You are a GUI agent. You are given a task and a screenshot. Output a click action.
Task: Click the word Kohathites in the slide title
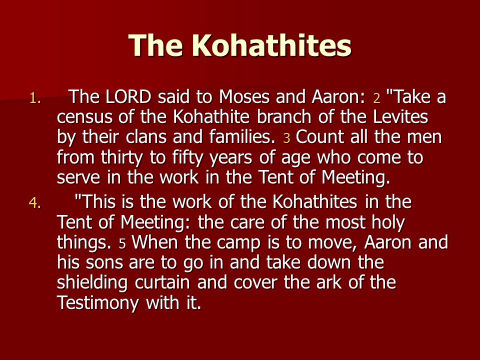click(x=271, y=45)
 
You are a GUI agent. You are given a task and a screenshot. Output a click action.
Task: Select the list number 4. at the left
click(x=34, y=203)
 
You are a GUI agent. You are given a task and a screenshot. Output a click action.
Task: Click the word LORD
click(x=128, y=96)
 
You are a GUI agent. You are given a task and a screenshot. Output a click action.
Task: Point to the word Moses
click(x=244, y=96)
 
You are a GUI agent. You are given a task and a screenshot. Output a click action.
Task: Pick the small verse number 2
click(x=376, y=98)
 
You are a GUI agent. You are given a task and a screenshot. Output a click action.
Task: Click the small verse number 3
click(x=286, y=138)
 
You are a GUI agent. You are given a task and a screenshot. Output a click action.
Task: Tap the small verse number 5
click(x=122, y=244)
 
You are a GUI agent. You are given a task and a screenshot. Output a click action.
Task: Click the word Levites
click(x=400, y=116)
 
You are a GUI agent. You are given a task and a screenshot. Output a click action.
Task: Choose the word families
click(x=242, y=137)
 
